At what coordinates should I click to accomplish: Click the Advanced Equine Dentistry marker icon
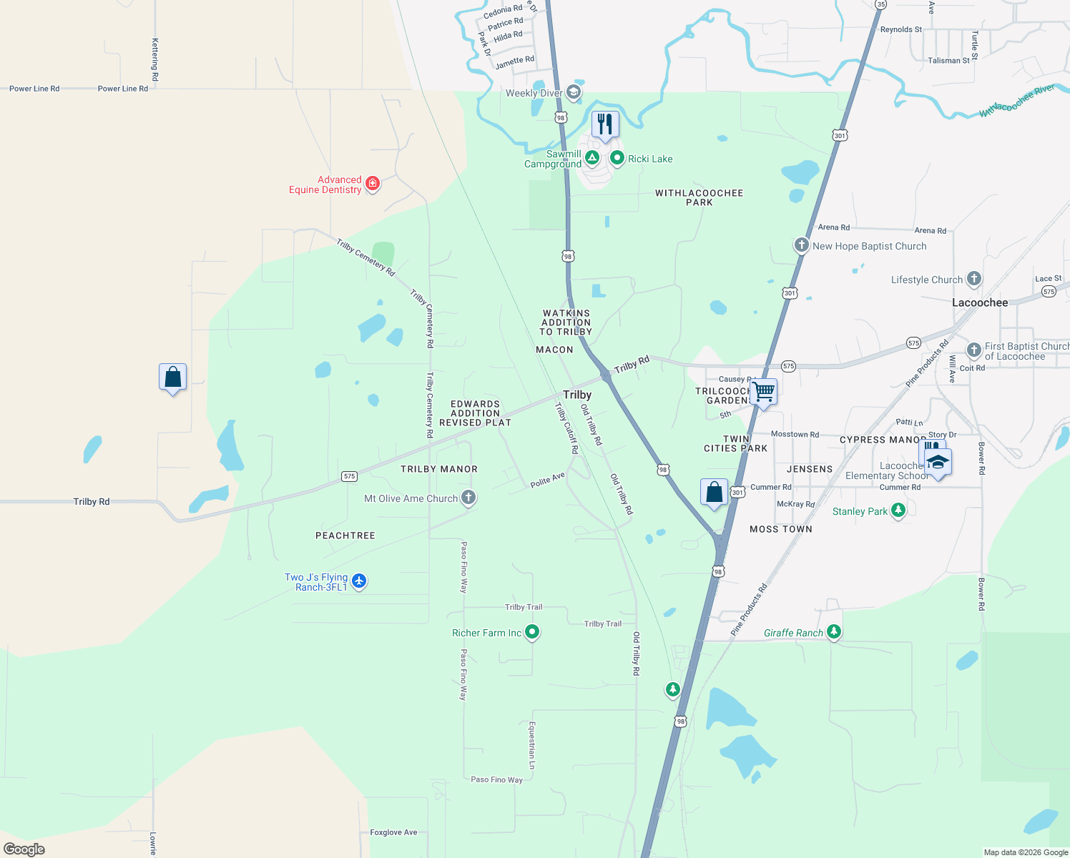(372, 184)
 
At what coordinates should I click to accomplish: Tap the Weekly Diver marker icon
(573, 92)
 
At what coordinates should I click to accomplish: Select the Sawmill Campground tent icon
(592, 157)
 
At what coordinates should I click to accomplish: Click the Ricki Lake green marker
(617, 158)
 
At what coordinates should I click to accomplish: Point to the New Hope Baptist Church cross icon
(801, 245)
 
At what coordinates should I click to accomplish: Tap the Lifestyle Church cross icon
(973, 279)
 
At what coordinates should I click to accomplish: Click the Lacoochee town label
(979, 302)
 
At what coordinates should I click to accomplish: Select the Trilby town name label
(577, 395)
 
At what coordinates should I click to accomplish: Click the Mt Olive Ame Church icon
(468, 497)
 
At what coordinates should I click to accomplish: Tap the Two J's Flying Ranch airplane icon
(359, 581)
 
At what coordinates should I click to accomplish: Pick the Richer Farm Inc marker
(531, 632)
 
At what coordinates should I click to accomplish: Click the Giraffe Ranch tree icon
(833, 632)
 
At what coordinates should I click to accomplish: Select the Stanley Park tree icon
(898, 511)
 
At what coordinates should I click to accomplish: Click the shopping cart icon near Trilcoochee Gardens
(763, 391)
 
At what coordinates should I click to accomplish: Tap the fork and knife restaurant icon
(605, 124)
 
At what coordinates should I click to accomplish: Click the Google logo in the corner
(24, 849)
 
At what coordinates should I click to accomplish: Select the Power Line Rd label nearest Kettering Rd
(122, 89)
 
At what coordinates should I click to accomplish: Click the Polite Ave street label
(547, 480)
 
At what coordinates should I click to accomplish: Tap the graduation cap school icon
(937, 462)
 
